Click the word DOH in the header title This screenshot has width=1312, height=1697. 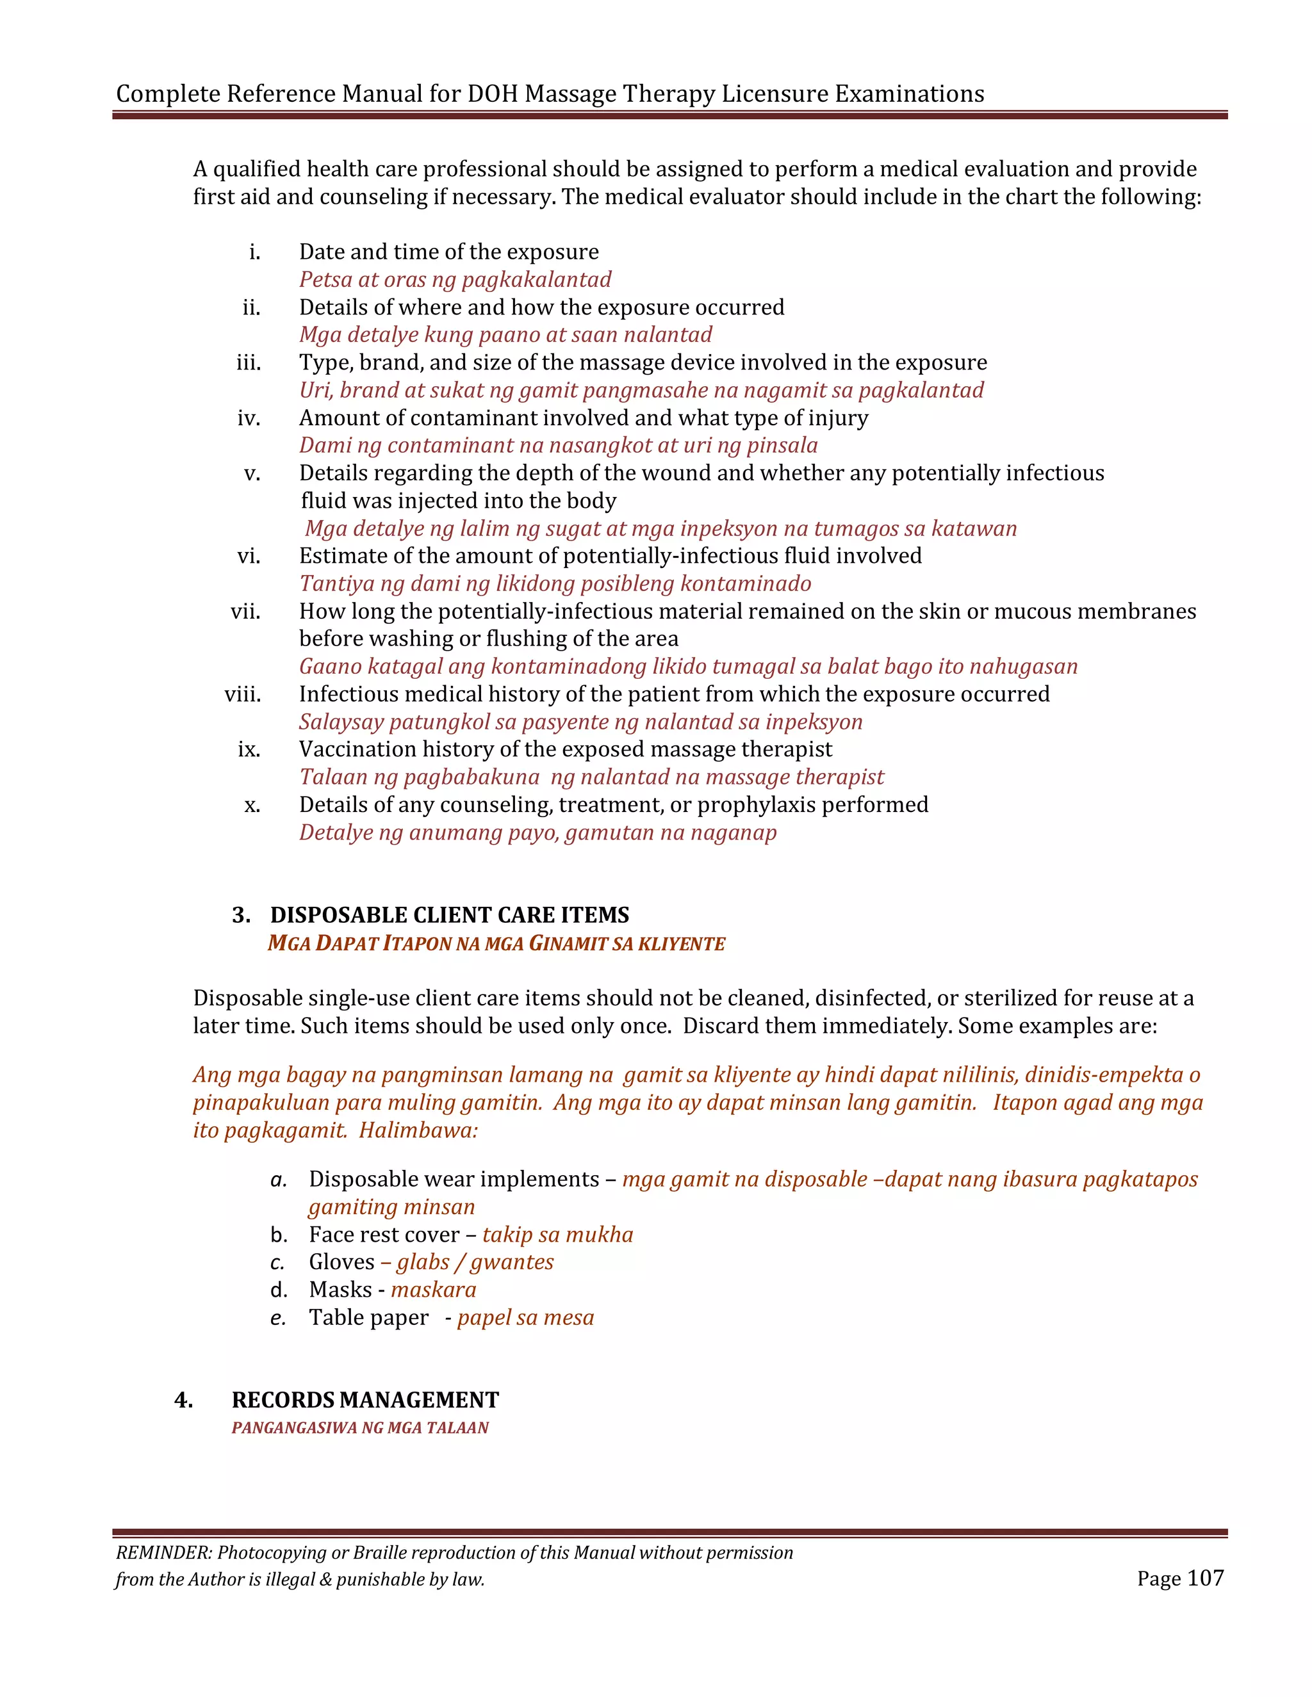click(x=492, y=94)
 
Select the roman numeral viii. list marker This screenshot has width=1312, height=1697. click(x=243, y=694)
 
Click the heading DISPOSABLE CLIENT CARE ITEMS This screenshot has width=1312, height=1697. click(x=449, y=914)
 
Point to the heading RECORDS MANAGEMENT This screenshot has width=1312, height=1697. click(x=365, y=1399)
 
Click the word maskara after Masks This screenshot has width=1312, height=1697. click(x=433, y=1290)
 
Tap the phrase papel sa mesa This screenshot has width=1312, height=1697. click(x=525, y=1317)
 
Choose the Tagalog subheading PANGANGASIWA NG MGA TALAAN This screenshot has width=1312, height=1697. click(x=360, y=1427)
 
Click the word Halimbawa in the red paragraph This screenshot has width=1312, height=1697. click(x=418, y=1130)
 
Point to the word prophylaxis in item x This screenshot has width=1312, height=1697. click(x=755, y=804)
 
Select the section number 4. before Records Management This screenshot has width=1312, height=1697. click(x=183, y=1399)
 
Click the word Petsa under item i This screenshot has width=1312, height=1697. click(x=325, y=279)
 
